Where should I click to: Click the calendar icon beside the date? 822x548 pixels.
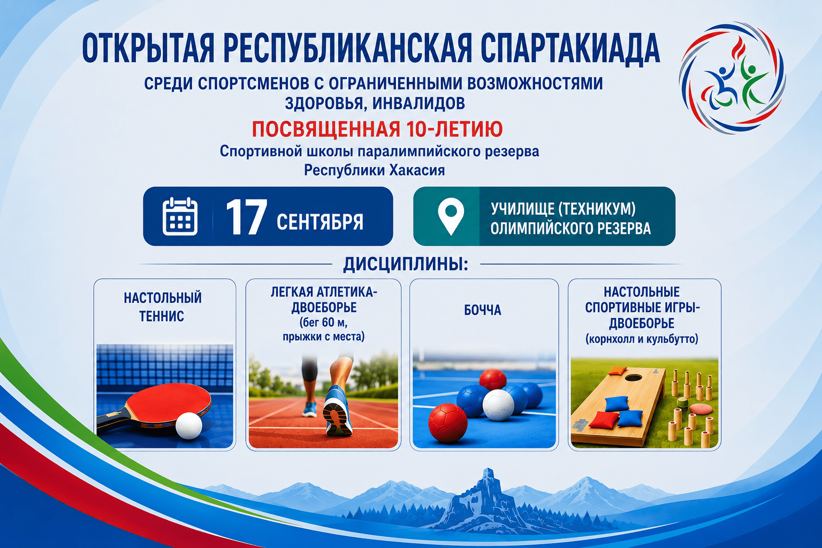pos(180,216)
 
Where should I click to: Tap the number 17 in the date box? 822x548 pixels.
pos(246,217)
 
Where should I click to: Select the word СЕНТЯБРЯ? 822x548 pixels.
pos(320,222)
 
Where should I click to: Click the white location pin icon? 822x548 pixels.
pos(451,216)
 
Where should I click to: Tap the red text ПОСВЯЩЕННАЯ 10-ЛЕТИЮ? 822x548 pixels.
pos(377,129)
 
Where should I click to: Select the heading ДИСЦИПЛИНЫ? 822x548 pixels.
pos(406,264)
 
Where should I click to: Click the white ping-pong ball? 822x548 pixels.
pos(189,426)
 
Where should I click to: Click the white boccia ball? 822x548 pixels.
pos(498,405)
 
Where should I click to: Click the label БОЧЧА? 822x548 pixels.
pos(483,310)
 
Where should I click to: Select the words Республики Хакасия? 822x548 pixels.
pos(374,170)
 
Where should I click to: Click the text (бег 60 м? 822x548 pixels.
pos(323,323)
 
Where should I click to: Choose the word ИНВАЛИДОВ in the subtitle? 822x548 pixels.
pos(418,103)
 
